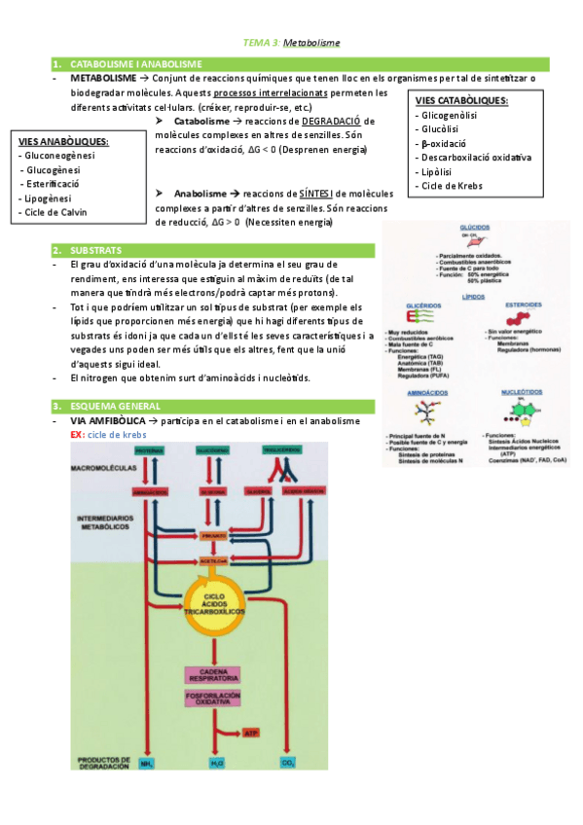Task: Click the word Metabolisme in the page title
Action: (312, 43)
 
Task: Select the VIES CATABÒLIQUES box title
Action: (462, 100)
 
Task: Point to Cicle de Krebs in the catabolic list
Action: (453, 185)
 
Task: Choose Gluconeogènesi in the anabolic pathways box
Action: (59, 155)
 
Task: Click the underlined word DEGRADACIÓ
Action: (330, 120)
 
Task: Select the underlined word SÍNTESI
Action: (325, 194)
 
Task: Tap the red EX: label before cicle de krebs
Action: (77, 434)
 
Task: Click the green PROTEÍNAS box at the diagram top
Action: (148, 451)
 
